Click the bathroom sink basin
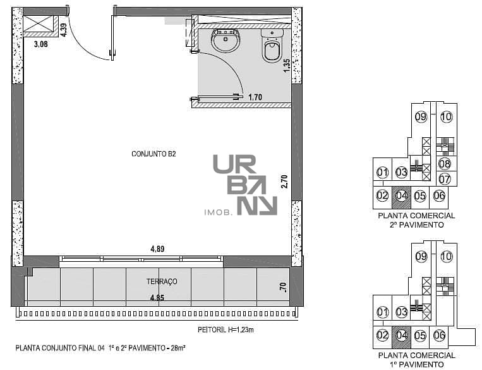pyautogui.click(x=226, y=40)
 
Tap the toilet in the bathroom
pyautogui.click(x=272, y=46)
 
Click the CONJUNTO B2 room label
pyautogui.click(x=154, y=154)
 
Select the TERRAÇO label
pyautogui.click(x=162, y=281)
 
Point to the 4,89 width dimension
pyautogui.click(x=157, y=249)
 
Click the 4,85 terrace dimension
pyautogui.click(x=157, y=298)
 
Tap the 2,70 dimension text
pyautogui.click(x=284, y=182)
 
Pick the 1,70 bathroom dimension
pyautogui.click(x=255, y=97)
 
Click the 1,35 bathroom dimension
pyautogui.click(x=286, y=66)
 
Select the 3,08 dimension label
pyautogui.click(x=41, y=44)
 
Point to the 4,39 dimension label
pyautogui.click(x=63, y=30)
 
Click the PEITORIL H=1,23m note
pyautogui.click(x=226, y=330)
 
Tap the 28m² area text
pyautogui.click(x=178, y=348)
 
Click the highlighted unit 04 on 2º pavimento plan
pyautogui.click(x=401, y=196)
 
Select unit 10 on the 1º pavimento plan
pyautogui.click(x=447, y=256)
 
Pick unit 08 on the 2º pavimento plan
pyautogui.click(x=445, y=164)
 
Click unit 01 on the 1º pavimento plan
pyautogui.click(x=382, y=312)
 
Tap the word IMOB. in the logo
pyautogui.click(x=218, y=212)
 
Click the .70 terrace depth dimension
pyautogui.click(x=283, y=287)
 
